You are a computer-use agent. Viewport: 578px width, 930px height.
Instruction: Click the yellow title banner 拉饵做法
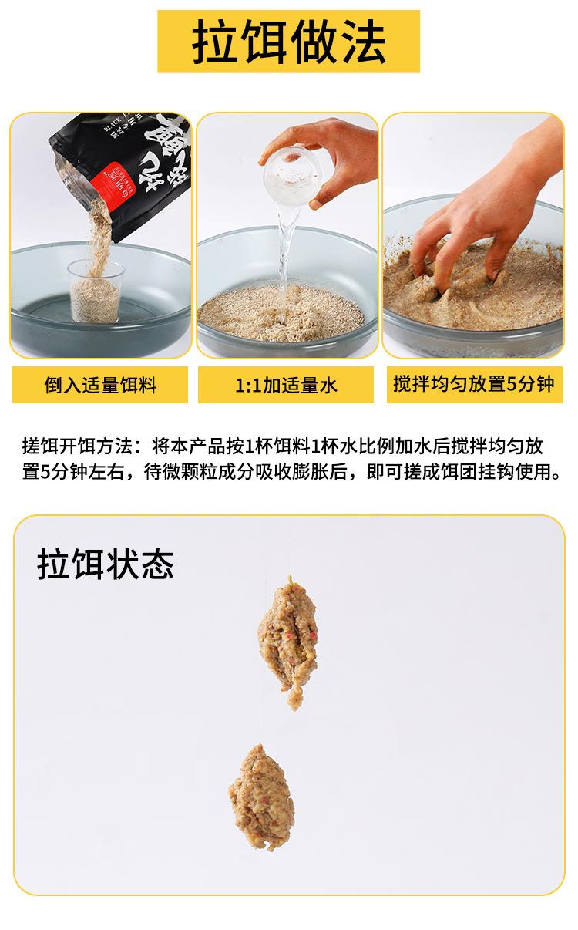click(288, 41)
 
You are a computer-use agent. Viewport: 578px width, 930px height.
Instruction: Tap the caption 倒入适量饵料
click(100, 384)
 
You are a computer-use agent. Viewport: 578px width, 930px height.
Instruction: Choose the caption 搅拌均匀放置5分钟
click(473, 383)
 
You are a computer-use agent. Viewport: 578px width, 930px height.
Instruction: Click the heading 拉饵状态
click(105, 564)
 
